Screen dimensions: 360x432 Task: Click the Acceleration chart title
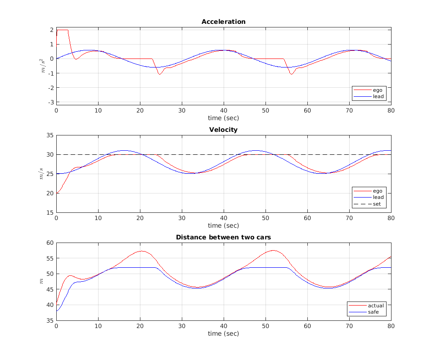pos(223,22)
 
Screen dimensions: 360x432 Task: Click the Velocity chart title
pos(223,130)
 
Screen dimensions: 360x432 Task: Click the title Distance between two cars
pos(223,237)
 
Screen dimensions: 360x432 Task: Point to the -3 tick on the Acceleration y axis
pos(51,102)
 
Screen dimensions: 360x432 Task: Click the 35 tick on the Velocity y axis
pos(50,135)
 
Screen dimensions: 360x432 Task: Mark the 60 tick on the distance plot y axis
pos(50,243)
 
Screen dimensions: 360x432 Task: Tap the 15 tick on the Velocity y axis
pos(50,212)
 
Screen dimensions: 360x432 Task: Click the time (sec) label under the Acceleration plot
pos(223,118)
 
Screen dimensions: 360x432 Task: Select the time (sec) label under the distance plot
pos(223,333)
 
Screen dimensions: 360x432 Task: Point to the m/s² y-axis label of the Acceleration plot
pos(43,66)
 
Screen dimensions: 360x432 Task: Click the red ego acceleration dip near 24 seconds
pos(159,74)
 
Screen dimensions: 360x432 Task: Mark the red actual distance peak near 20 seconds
pos(142,251)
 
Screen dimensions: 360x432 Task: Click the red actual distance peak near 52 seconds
pos(273,250)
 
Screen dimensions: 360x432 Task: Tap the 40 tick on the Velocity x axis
pos(224,218)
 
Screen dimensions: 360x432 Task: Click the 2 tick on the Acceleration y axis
pos(52,30)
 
